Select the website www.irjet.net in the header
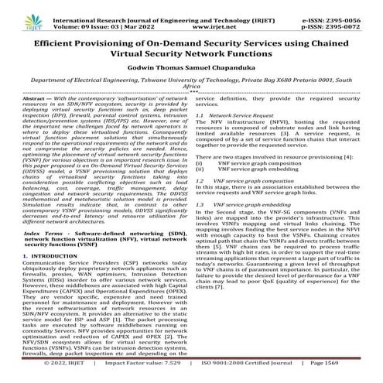(192, 14)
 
